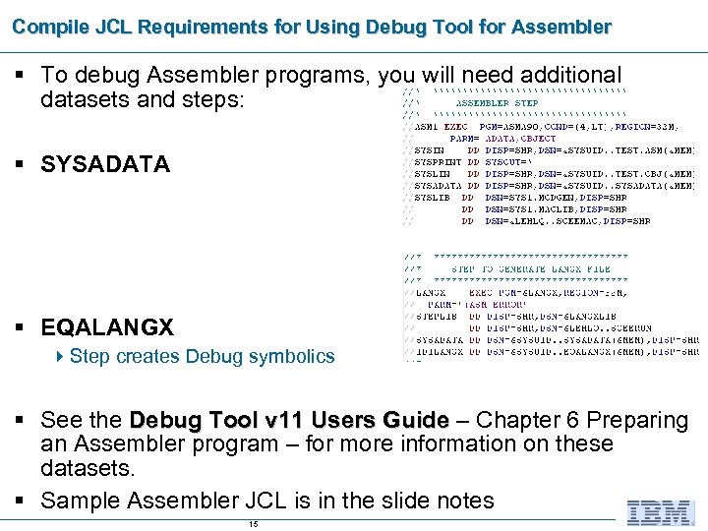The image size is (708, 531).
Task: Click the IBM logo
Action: coord(662,512)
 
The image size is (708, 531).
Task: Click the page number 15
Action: coord(254,524)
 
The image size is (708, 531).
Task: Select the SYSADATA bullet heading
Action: coord(105,164)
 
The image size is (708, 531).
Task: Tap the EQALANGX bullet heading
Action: coord(107,327)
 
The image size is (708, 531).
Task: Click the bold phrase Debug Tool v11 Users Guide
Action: coord(289,420)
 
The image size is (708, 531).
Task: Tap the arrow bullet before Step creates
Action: coord(61,356)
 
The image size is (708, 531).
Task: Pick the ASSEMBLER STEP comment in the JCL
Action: coord(497,102)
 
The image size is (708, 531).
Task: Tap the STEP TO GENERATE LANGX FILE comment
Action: coord(531,268)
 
